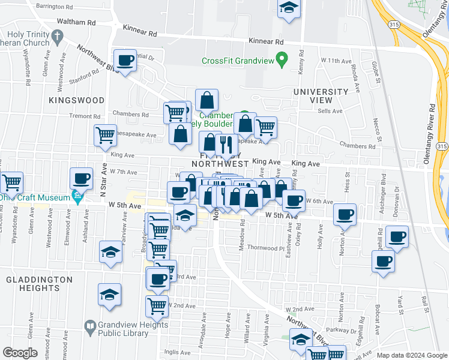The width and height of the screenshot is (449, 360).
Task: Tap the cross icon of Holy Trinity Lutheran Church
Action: (58, 37)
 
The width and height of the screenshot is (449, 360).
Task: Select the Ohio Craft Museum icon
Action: (77, 196)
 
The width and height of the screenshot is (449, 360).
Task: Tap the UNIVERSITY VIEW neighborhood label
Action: (321, 96)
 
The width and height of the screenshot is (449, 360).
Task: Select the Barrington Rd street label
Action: (53, 6)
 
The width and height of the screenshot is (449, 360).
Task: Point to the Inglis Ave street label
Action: (178, 352)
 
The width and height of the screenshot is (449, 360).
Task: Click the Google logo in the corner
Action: (20, 353)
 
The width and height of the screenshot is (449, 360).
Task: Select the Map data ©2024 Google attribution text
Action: (412, 355)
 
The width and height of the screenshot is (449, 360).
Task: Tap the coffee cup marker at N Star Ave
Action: (81, 178)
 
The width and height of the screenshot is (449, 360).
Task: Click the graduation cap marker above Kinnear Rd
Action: (289, 8)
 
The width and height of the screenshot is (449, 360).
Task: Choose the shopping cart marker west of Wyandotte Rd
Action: (11, 182)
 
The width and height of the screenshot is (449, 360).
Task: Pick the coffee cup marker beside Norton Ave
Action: (345, 215)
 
